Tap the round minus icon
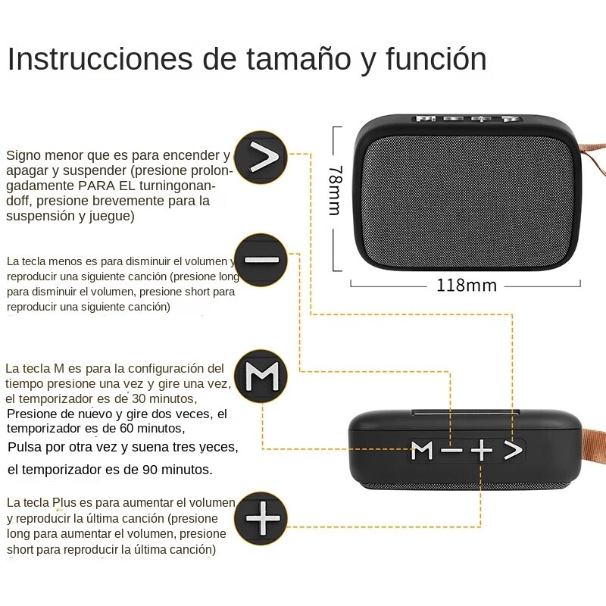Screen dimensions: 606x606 261,260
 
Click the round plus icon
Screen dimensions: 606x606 261,518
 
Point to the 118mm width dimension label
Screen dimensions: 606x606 466,286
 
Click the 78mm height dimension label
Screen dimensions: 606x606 334,190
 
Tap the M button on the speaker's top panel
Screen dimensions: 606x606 422,451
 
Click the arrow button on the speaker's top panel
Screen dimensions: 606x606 514,451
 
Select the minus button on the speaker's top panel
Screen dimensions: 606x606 451,451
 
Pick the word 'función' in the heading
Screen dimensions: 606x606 436,59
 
